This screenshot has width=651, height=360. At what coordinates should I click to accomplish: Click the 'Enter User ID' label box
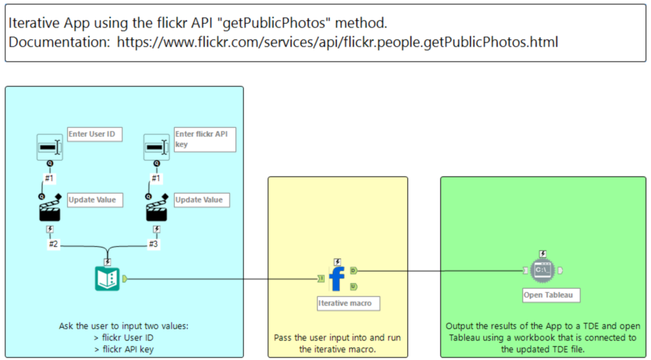tap(95, 134)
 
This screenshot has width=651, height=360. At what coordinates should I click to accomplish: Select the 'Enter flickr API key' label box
tap(205, 139)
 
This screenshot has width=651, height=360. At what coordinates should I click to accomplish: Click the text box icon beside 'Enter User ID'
tap(50, 148)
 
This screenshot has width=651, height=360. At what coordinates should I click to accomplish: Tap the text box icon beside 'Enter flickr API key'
tap(156, 148)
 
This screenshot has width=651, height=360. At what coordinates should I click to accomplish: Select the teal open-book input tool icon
tap(107, 279)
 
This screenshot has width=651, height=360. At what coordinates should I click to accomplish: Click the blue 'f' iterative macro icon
tap(337, 279)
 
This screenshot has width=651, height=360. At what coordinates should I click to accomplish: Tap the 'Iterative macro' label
tap(348, 303)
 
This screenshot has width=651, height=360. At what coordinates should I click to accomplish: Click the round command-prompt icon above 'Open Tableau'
tap(542, 271)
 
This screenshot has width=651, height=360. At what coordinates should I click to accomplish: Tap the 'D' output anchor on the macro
tap(353, 270)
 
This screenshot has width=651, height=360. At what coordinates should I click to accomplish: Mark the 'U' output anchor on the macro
tap(353, 286)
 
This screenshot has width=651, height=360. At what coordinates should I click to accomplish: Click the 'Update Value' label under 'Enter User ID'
tap(95, 200)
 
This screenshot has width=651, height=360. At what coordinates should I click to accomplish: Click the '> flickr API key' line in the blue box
tap(123, 349)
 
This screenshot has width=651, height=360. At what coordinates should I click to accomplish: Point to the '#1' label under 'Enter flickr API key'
tap(156, 179)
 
